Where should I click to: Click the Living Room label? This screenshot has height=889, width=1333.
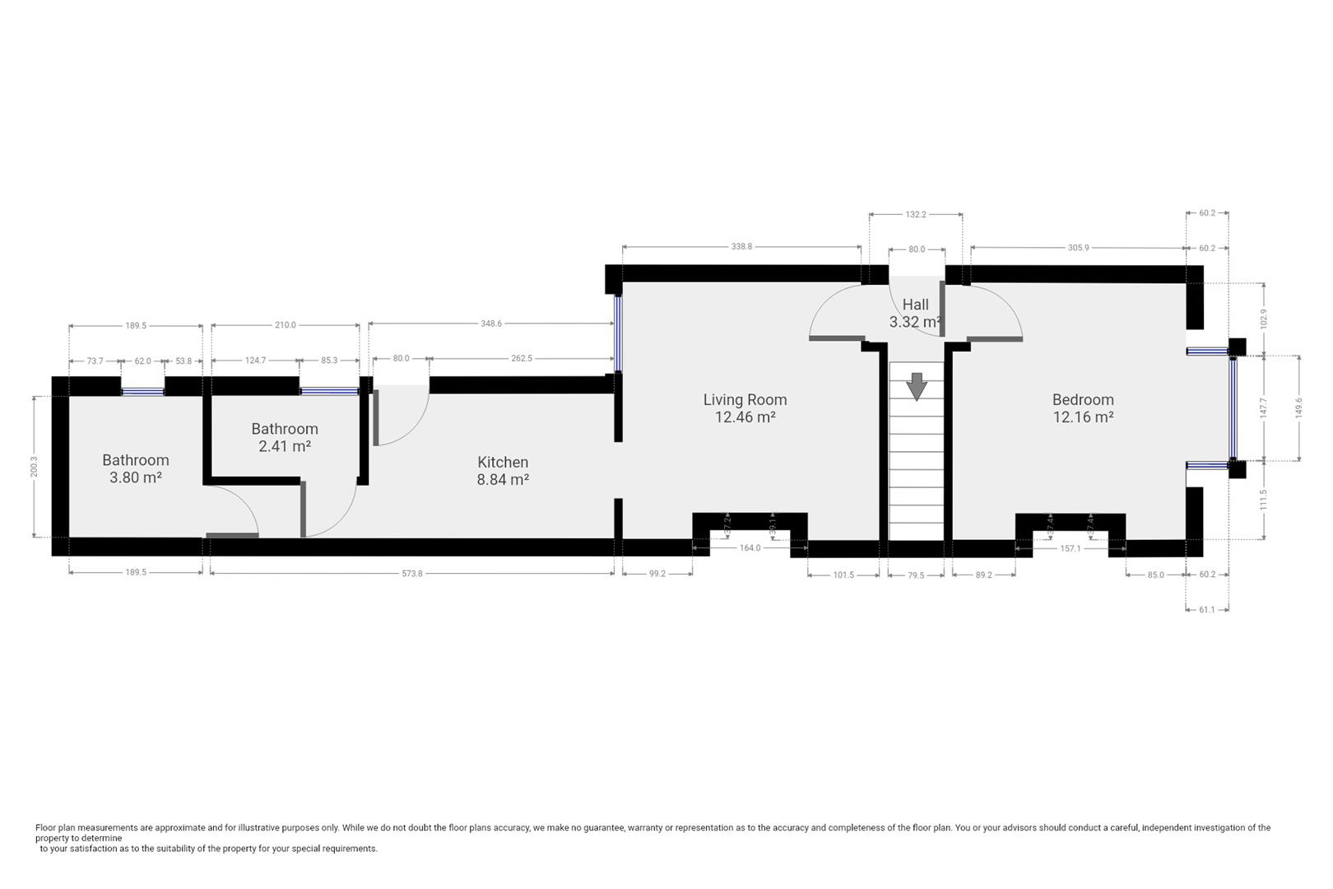pos(745,400)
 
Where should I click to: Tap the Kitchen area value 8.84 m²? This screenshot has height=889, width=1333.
pos(503,480)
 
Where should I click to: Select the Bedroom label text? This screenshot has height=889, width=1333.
pos(1083,400)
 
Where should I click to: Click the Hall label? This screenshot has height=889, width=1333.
pos(915,305)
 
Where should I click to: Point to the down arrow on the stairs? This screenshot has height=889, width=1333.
pos(917,386)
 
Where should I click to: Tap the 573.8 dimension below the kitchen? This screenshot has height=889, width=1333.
pos(412,574)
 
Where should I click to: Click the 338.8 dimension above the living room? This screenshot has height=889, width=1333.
pos(741,247)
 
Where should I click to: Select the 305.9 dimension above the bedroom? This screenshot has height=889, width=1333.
pos(1078,248)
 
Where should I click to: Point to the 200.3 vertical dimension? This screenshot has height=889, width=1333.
pos(34,467)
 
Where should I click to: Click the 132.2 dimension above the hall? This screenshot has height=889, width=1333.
pos(916,214)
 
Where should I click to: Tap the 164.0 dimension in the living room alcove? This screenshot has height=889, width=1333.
pos(750,547)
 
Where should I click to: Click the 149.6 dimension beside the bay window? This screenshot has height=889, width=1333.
pos(1299,408)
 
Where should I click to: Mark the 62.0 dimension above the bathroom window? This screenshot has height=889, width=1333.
pos(143,361)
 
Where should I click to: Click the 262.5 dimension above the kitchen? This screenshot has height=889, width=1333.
pos(522,358)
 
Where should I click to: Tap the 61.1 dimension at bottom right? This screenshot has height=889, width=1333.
pos(1206,609)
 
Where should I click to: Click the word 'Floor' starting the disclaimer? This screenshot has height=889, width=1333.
pos(46,828)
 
